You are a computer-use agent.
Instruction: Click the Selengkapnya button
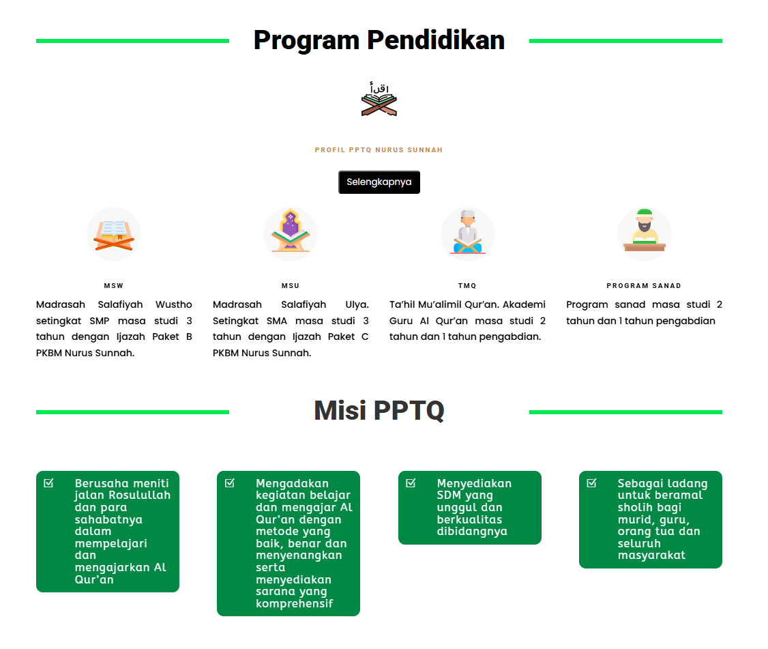[379, 182]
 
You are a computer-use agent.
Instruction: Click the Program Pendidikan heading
[379, 40]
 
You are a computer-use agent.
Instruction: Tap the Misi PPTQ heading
[379, 410]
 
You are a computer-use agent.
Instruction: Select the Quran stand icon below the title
[379, 99]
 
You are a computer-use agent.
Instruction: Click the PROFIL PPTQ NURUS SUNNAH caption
[379, 150]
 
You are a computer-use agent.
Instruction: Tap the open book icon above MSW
[114, 234]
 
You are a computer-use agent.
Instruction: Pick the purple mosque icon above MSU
[291, 231]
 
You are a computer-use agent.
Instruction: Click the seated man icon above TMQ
[468, 232]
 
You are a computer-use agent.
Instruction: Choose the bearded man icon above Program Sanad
[645, 231]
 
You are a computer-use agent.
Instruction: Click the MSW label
[114, 286]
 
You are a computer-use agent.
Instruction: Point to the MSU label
[291, 286]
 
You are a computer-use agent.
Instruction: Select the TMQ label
[467, 286]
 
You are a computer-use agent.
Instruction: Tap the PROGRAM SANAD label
[644, 286]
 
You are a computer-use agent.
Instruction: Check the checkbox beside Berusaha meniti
[48, 483]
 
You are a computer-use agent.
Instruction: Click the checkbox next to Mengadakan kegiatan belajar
[229, 483]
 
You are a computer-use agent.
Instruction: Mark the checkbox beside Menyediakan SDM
[411, 483]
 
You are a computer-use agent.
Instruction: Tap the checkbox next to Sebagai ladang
[591, 483]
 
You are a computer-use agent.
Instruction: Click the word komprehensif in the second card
[295, 604]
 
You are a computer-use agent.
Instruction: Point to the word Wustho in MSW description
[174, 304]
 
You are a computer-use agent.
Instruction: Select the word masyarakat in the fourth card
[651, 556]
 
